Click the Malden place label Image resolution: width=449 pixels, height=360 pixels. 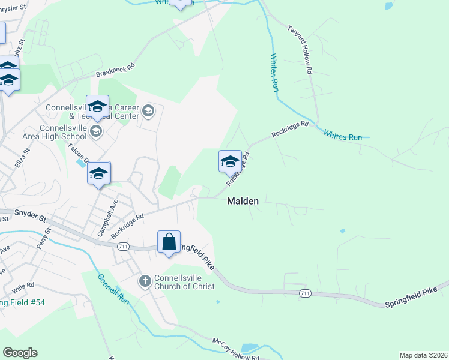243,202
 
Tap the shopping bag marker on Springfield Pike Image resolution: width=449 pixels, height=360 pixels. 169,242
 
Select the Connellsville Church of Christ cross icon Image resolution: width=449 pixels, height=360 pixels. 145,281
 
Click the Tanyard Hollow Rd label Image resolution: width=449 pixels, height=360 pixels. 300,50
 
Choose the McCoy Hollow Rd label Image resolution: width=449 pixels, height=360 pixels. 236,349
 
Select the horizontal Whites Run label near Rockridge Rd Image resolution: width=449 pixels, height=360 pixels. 343,136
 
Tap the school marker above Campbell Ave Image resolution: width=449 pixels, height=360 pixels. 98,173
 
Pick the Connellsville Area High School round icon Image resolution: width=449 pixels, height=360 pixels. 96,131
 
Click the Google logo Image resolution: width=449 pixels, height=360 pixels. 20,353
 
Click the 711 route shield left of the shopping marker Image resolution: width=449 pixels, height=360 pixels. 123,246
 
